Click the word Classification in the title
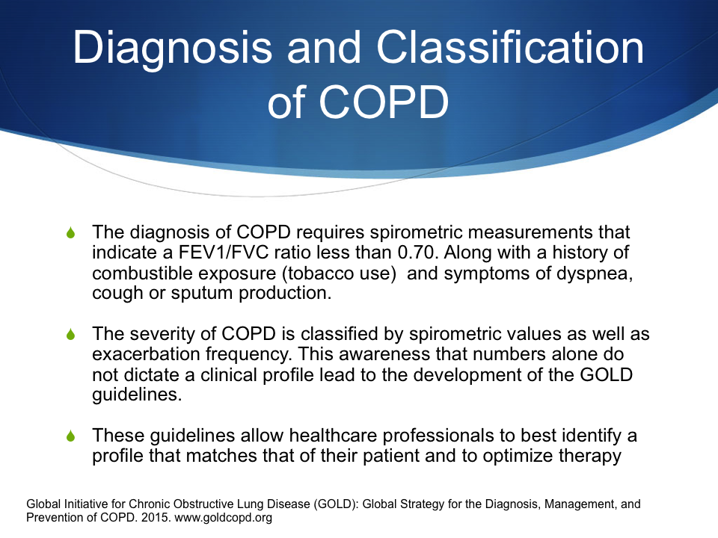click(510, 47)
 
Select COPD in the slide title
click(383, 102)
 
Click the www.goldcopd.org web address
click(224, 519)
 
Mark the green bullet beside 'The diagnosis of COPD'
click(70, 232)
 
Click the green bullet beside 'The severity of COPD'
click(70, 334)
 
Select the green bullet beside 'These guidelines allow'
click(70, 436)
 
